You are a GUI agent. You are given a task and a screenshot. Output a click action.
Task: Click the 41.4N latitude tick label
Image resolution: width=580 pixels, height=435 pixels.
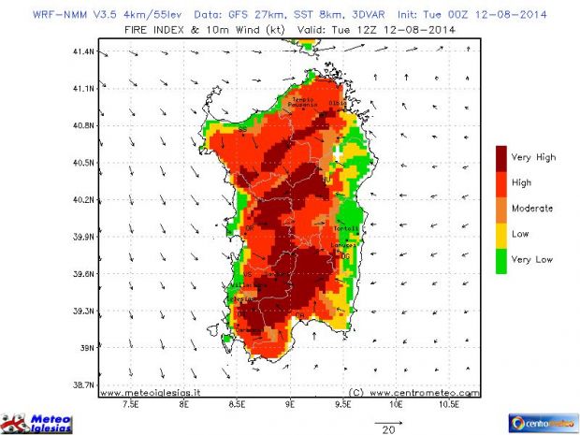pos(83,51)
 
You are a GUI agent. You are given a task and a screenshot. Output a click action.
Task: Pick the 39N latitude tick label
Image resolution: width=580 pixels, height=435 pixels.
pos(87,348)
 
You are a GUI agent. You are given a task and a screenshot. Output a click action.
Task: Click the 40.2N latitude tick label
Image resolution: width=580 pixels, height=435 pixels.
pos(83,200)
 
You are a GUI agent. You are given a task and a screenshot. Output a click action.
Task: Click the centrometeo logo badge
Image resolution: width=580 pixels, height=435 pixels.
pos(543,422)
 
